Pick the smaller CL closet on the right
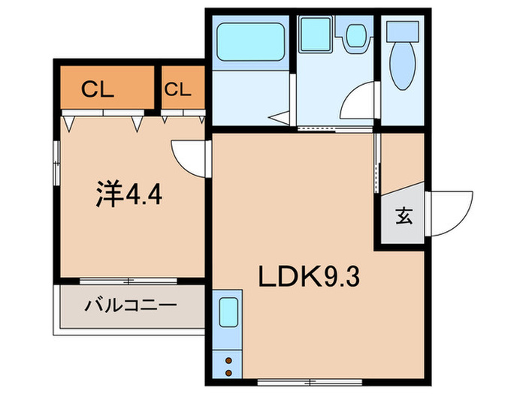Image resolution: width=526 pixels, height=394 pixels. tap(180, 89)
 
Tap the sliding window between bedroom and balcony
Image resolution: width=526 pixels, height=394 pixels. tap(128, 281)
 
